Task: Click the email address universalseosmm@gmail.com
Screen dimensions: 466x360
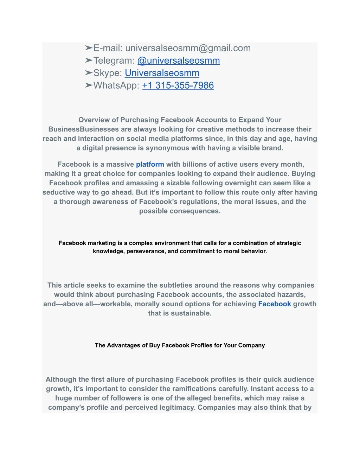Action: point(188,48)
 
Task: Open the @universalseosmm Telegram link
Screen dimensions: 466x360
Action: point(179,60)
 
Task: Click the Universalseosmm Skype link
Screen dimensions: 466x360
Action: point(162,73)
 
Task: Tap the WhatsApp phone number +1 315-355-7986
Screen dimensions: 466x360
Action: point(178,85)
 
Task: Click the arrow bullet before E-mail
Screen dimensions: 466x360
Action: point(88,48)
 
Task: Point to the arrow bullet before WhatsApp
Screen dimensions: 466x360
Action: point(88,85)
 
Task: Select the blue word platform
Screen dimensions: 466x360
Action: point(150,164)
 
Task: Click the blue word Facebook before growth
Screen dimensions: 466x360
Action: point(275,304)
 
